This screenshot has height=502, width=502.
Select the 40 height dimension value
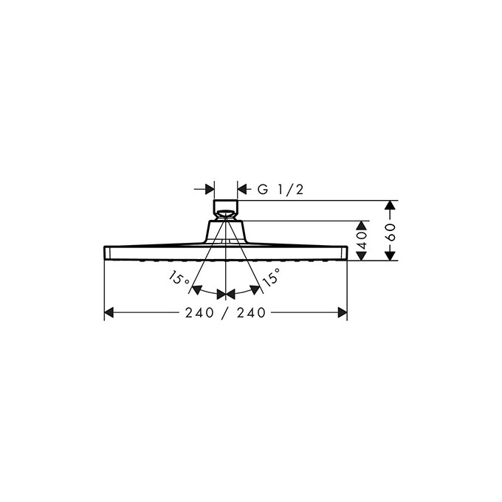362,241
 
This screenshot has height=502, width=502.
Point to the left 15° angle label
178,278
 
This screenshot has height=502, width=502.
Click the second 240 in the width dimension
251,313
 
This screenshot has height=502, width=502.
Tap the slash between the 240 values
224,313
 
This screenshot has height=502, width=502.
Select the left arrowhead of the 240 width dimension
109,313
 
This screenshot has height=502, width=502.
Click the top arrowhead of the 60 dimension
391,205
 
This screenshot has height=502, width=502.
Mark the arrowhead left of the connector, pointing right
209,190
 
